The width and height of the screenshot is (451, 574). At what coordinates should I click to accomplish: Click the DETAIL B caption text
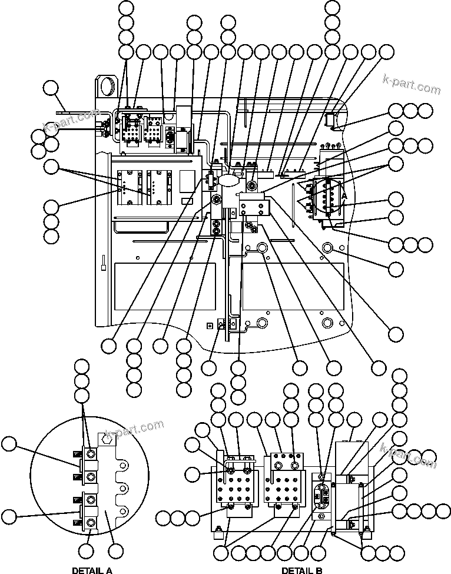click(301, 570)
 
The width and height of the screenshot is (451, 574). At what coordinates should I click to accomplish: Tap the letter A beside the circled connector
click(344, 195)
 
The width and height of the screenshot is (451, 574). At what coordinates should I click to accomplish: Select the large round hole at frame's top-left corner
click(108, 85)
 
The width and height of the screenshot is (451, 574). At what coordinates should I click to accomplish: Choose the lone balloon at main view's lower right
click(396, 334)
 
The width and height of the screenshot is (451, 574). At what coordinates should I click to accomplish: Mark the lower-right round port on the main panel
click(329, 323)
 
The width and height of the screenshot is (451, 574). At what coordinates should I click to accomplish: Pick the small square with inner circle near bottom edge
click(208, 325)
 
